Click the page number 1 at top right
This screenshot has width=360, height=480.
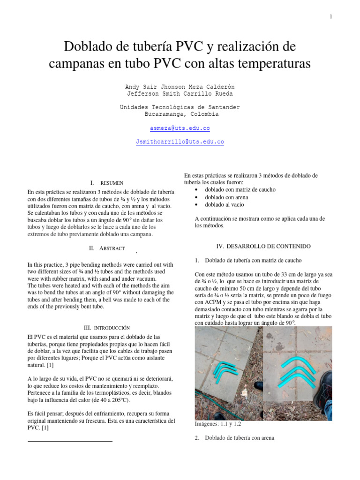(x=331, y=17)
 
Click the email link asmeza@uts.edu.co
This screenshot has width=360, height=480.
(x=180, y=128)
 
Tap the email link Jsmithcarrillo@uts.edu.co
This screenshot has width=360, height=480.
(x=180, y=141)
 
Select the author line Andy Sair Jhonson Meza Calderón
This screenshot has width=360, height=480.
(x=180, y=87)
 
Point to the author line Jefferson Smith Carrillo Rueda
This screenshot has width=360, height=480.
(x=180, y=94)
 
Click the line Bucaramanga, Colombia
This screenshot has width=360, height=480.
(x=180, y=114)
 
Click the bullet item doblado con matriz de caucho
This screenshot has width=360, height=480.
(x=240, y=190)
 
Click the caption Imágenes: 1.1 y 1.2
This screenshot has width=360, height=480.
(x=218, y=424)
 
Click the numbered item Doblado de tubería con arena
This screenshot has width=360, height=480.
(x=239, y=438)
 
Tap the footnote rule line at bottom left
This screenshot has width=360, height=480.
(x=70, y=441)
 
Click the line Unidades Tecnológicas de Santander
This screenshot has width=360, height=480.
(x=180, y=107)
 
